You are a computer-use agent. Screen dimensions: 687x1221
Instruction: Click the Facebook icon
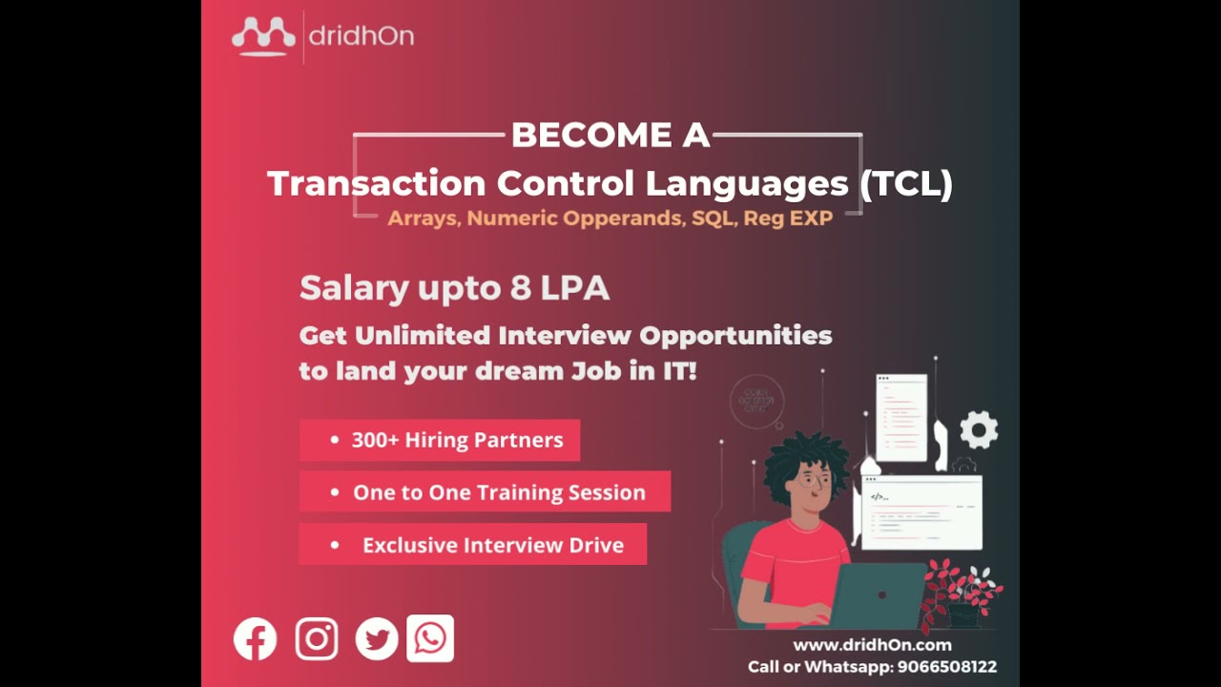pos(255,639)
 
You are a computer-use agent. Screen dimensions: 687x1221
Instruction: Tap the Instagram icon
pos(317,639)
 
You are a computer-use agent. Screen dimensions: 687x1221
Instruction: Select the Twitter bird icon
pos(377,639)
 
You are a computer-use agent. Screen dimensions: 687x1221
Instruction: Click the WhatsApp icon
pos(430,638)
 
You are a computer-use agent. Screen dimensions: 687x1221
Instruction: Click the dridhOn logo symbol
pos(263,36)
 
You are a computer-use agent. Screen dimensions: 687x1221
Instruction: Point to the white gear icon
pos(979,430)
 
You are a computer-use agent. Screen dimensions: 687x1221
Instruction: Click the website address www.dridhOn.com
pos(872,645)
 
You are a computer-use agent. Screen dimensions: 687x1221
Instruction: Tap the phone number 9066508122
pos(946,667)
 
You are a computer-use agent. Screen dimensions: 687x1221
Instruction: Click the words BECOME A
pos(610,135)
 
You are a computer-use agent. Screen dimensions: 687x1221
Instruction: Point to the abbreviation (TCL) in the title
pos(905,183)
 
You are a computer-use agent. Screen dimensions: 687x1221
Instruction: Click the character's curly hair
pos(806,458)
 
